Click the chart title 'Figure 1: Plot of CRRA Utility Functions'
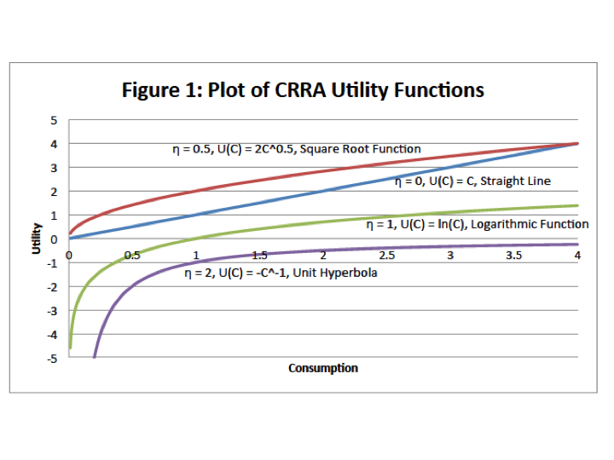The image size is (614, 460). pyautogui.click(x=303, y=89)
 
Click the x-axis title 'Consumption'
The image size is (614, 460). pyautogui.click(x=323, y=368)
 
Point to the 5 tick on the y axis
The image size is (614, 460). pyautogui.click(x=55, y=120)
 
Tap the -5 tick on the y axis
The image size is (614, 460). pyautogui.click(x=53, y=358)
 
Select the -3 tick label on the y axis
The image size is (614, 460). pyautogui.click(x=53, y=310)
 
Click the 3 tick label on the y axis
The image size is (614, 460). pyautogui.click(x=55, y=168)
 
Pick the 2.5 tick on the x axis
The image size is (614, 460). pyautogui.click(x=386, y=255)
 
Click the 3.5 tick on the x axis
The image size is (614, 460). pyautogui.click(x=513, y=255)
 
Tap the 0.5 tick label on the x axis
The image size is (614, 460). pyautogui.click(x=132, y=255)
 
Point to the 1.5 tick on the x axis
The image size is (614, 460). pyautogui.click(x=259, y=255)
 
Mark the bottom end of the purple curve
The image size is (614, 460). pyautogui.click(x=94, y=357)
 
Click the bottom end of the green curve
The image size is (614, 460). pyautogui.click(x=69, y=348)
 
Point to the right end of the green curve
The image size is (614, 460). pyautogui.click(x=577, y=205)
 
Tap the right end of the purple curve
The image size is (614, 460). pyautogui.click(x=577, y=244)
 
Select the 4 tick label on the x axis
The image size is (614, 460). pyautogui.click(x=576, y=255)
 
